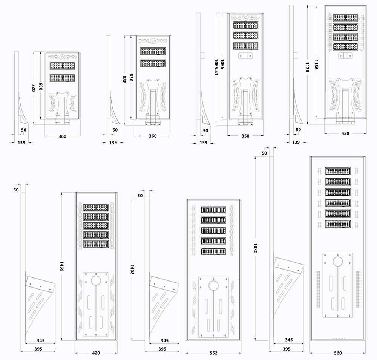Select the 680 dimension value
click(x=41, y=86)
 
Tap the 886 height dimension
click(x=124, y=79)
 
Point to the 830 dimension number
click(x=131, y=78)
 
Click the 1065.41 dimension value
click(x=216, y=68)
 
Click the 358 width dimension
click(x=245, y=136)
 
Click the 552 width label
click(x=213, y=353)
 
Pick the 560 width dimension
click(x=338, y=353)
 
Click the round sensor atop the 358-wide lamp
click(x=245, y=17)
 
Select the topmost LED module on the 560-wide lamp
click(x=338, y=171)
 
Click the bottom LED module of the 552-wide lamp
click(x=213, y=251)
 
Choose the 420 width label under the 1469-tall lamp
click(x=96, y=353)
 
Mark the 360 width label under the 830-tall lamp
click(x=152, y=136)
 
